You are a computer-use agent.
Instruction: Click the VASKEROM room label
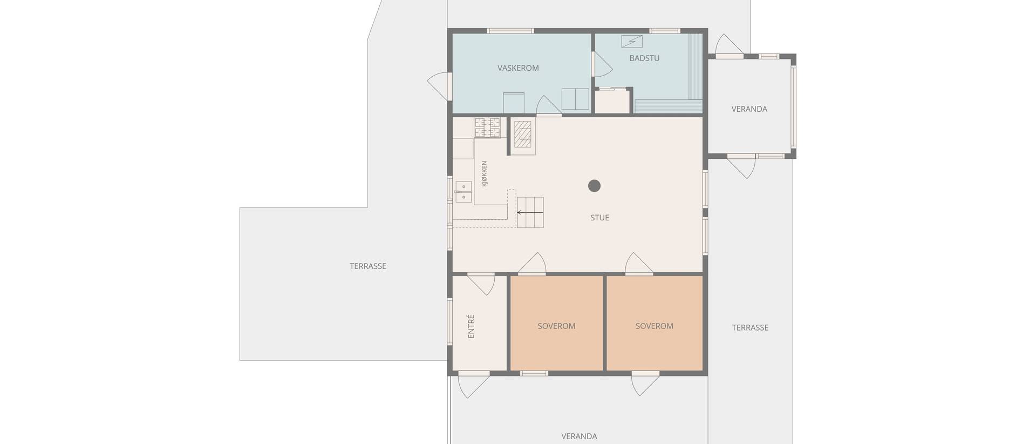point(518,68)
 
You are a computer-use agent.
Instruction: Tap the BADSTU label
point(644,58)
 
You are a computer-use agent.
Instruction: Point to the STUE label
point(599,218)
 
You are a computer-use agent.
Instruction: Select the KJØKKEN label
point(484,174)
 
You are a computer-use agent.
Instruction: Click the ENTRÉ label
point(471,326)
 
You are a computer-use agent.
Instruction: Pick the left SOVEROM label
point(556,326)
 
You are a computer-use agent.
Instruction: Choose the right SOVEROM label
point(654,326)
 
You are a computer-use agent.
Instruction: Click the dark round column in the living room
point(594,186)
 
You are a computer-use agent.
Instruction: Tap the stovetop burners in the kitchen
point(488,127)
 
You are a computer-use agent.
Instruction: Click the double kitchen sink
point(464,192)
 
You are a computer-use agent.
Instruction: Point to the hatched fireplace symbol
point(523,134)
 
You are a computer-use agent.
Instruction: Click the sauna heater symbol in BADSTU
point(631,41)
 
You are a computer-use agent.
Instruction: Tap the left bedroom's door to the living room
point(532,263)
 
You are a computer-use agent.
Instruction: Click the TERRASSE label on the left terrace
point(368,266)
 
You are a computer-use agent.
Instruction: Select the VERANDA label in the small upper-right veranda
point(749,109)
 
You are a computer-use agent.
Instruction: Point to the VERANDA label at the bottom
point(579,436)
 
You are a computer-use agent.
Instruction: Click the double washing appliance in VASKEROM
point(575,99)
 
